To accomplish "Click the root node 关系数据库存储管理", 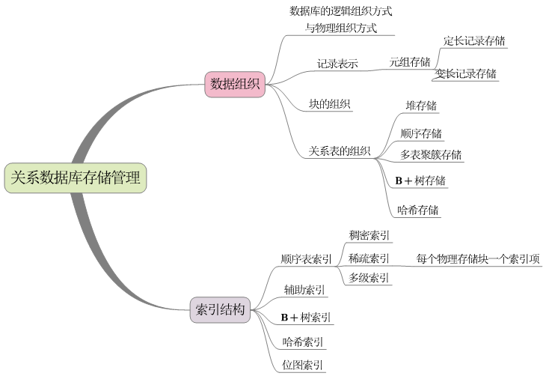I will tap(75, 178).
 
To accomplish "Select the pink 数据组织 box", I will tap(235, 84).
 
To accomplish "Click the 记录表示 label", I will tap(337, 64).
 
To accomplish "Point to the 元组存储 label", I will tap(410, 62).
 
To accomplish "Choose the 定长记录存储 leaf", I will tap(474, 40).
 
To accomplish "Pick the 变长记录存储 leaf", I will tap(466, 73).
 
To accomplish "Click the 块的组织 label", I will tap(330, 104).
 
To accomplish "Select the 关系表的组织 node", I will tap(340, 151).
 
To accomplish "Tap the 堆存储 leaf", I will tap(421, 106).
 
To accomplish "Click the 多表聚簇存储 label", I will tap(431, 155).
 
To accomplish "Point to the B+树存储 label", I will tap(421, 181).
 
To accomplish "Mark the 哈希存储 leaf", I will tap(418, 210).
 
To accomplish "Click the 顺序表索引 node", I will tap(307, 259).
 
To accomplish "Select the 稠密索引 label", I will tap(369, 235).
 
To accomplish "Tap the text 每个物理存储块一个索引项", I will tap(479, 259).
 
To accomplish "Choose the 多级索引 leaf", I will tap(369, 278).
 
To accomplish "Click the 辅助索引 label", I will tap(304, 290).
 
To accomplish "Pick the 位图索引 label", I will tap(303, 366).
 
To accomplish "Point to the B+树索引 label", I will tap(306, 318).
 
